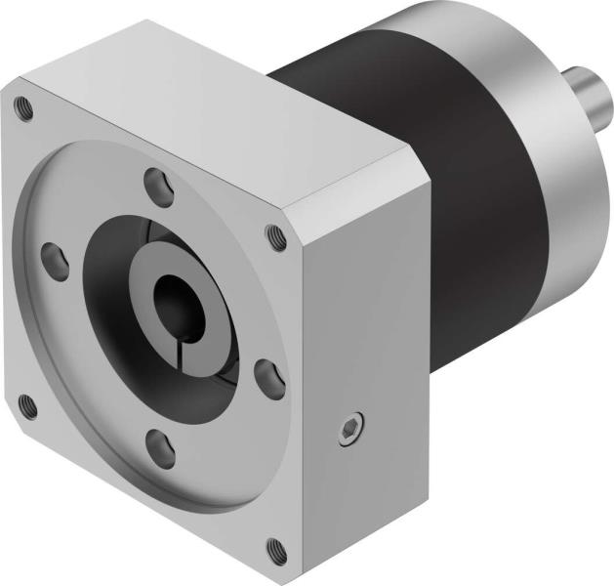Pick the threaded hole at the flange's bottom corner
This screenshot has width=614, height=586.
[x=277, y=549]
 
